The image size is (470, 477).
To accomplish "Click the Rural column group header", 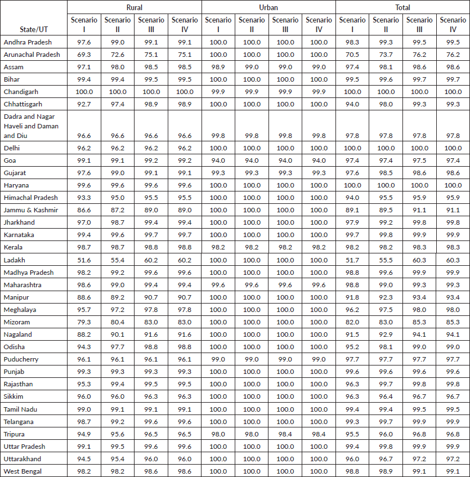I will (134, 7).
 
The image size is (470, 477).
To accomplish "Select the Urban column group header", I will (268, 7).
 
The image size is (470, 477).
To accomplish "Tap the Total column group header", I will (402, 7).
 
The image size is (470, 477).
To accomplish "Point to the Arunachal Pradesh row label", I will (32, 55).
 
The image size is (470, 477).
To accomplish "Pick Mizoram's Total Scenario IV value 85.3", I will (453, 322).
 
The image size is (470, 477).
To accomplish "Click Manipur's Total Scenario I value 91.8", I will (352, 297).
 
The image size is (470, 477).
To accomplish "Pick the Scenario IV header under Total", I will (453, 24).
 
